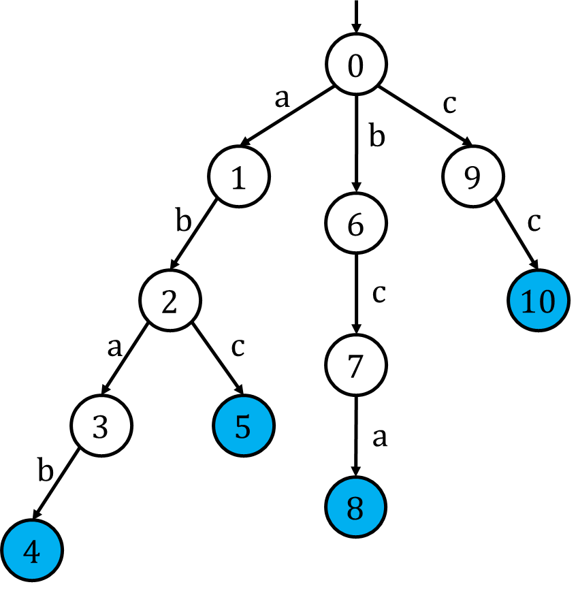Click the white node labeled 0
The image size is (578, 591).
pos(356,64)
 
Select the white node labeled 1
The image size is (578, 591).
pos(239,176)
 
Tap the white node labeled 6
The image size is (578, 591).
pos(356,223)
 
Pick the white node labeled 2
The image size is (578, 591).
pos(170,300)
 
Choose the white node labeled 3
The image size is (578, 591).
pos(101,426)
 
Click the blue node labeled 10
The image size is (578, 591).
pos(539,300)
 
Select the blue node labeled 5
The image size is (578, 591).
pos(244,426)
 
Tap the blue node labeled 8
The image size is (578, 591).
pos(356,507)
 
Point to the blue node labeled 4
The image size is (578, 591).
pos(32,550)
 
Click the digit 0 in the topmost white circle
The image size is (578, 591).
pos(355,67)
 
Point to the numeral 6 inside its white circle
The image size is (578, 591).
pos(355,225)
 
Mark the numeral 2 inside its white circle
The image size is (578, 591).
pos(169,302)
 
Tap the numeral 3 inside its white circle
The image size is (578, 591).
pos(100,428)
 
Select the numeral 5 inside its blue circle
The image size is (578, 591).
pos(242,427)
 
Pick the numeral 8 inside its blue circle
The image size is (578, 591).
pos(355,509)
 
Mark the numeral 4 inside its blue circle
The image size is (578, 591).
pos(31,552)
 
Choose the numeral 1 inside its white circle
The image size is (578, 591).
pos(238,178)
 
